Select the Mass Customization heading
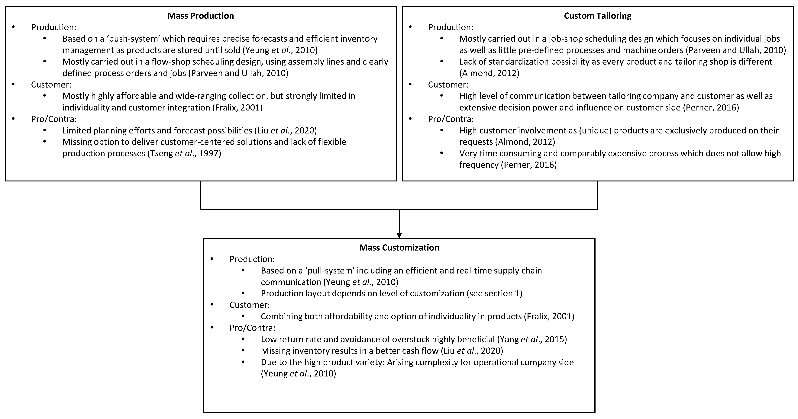[x=399, y=248]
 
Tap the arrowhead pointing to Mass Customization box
[x=399, y=235]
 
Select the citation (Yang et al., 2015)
[x=532, y=339]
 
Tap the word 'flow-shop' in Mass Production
[x=171, y=62]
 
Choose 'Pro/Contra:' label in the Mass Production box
[x=54, y=119]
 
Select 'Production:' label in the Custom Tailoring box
[x=451, y=27]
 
